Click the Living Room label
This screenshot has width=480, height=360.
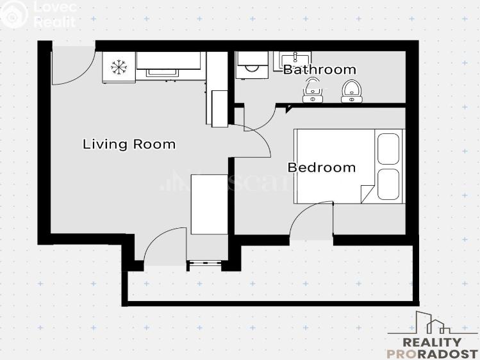tap(129, 144)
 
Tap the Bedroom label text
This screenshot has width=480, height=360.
tap(321, 168)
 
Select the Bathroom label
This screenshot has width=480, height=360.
tap(319, 69)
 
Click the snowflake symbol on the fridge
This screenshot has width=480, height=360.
tap(119, 67)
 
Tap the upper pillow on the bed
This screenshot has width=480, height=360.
tap(389, 149)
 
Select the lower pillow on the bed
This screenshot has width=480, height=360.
tap(389, 184)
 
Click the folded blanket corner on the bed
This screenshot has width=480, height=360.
tap(367, 193)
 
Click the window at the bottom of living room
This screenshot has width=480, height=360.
tap(204, 262)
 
